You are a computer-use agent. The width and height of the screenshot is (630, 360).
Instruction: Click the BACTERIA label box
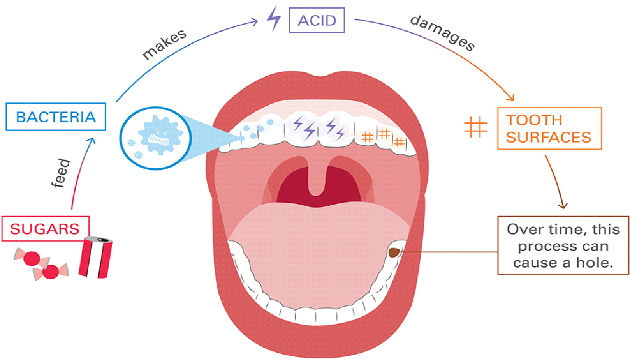click(56, 117)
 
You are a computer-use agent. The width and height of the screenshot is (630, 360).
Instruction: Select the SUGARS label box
click(45, 229)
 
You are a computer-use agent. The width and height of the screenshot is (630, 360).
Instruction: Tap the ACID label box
click(316, 21)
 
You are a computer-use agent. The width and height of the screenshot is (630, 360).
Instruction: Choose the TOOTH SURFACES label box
click(549, 129)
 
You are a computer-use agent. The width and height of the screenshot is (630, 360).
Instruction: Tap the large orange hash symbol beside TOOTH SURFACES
click(475, 126)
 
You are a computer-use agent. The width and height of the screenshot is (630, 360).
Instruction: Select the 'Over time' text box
click(563, 245)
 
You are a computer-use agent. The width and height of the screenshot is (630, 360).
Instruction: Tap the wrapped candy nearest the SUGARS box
click(30, 258)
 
